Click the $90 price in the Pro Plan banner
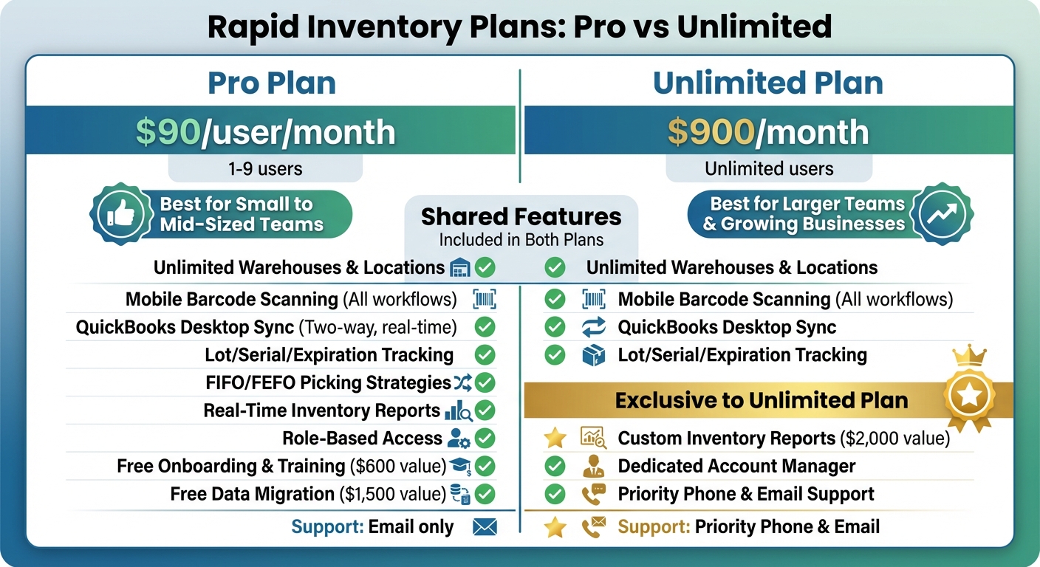pos(168,131)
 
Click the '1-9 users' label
pos(265,168)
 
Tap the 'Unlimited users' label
pos(769,168)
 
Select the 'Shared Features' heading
pos(521,216)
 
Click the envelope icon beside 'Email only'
pos(485,527)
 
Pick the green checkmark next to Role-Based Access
pos(485,439)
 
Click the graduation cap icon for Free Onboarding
pos(460,467)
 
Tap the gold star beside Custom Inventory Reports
pos(555,439)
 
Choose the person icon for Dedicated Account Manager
pos(593,467)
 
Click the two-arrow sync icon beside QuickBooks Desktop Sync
pos(593,327)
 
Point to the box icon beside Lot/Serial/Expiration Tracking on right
pos(593,355)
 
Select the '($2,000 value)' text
pos(894,439)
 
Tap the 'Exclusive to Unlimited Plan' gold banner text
pos(761,400)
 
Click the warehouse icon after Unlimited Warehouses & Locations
pos(459,267)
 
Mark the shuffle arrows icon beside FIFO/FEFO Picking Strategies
pos(462,382)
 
